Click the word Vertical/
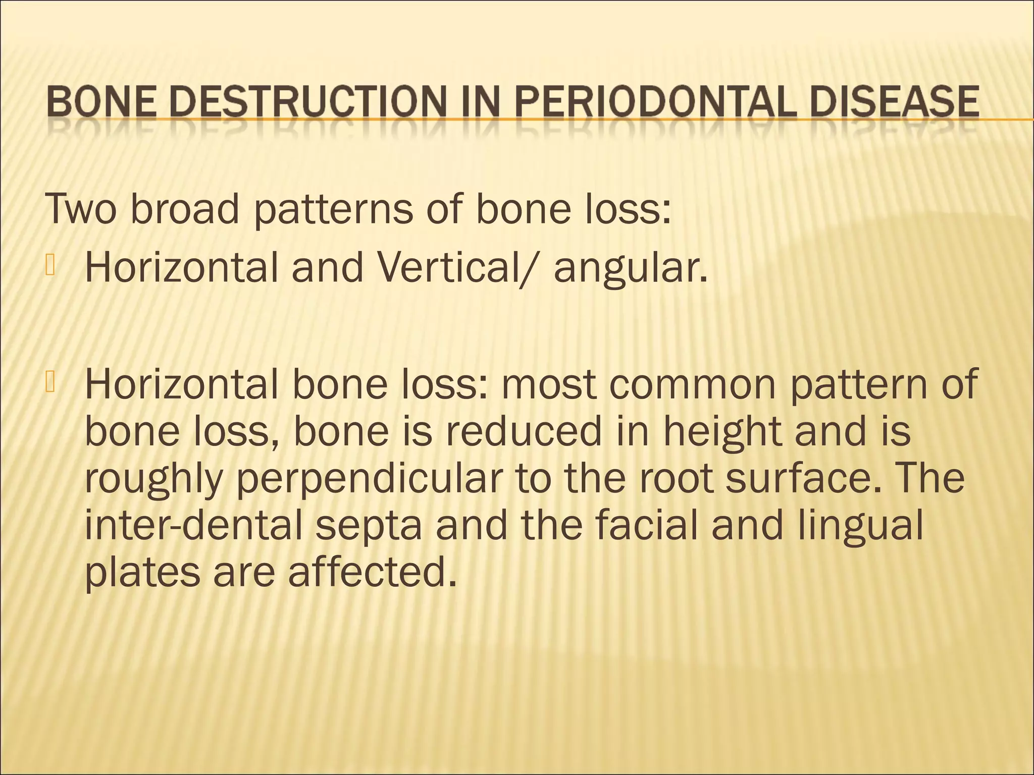(469, 267)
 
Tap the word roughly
(153, 480)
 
